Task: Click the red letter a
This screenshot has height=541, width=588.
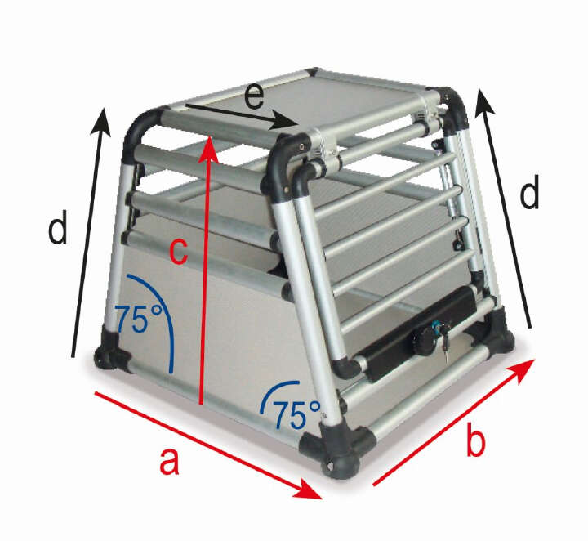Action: point(169,462)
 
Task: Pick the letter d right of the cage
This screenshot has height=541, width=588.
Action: point(531,194)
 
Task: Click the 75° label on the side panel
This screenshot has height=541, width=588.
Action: point(137,319)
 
